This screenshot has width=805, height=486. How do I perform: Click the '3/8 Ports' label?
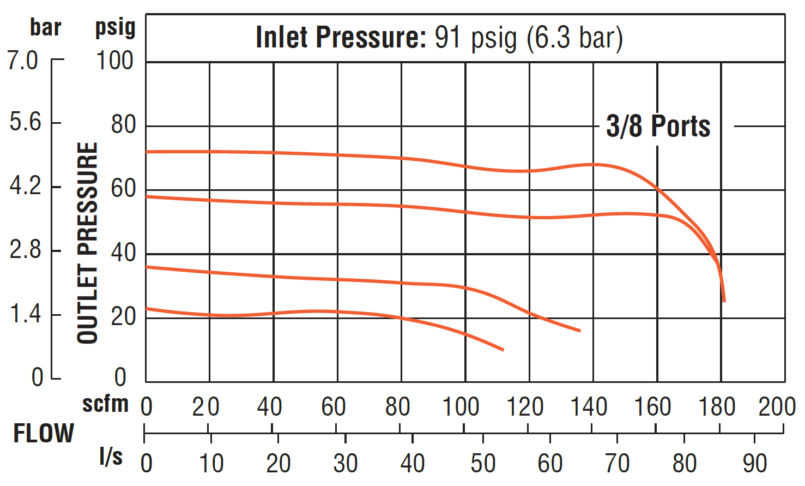[x=658, y=127]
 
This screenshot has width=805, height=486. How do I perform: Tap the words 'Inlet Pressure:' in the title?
[x=341, y=38]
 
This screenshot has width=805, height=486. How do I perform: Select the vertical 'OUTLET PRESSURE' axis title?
[x=88, y=243]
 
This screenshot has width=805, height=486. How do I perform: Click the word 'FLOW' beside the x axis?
[x=44, y=434]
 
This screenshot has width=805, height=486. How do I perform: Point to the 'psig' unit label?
[x=115, y=27]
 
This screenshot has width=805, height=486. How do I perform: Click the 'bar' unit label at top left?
[x=45, y=27]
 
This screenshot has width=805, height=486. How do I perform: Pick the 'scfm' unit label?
[x=105, y=404]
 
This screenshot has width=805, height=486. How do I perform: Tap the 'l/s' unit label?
[x=111, y=457]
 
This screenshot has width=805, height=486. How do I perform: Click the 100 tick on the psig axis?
[x=114, y=61]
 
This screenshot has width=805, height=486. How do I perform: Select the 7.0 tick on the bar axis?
[x=23, y=60]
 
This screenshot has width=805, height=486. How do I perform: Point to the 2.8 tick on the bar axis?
[x=25, y=250]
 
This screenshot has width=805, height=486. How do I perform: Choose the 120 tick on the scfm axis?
[x=525, y=407]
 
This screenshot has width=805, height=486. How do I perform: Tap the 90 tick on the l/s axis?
[x=755, y=464]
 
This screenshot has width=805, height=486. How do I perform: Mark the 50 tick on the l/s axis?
[x=483, y=464]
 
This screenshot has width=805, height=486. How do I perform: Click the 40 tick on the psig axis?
[x=123, y=253]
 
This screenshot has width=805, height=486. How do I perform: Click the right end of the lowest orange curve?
[x=503, y=350]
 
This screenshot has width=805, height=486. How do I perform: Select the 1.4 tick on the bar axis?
[x=25, y=314]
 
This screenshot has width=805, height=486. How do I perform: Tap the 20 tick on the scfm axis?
[x=205, y=407]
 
